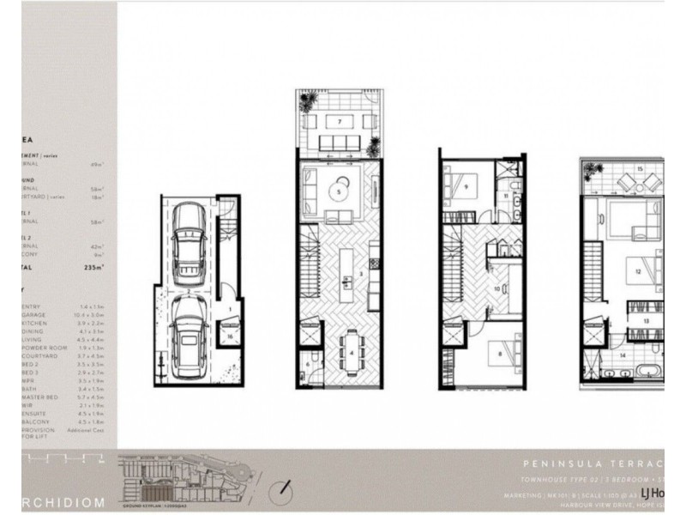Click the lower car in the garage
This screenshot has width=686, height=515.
[x=186, y=334]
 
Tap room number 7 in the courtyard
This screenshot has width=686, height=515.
[x=340, y=122]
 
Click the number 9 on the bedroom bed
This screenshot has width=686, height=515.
[x=466, y=185]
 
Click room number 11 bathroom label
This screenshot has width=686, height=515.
[x=507, y=197]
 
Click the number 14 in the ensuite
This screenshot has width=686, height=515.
[x=623, y=354]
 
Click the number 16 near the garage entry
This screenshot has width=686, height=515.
[x=231, y=337]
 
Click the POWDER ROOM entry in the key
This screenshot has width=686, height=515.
[x=43, y=347]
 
